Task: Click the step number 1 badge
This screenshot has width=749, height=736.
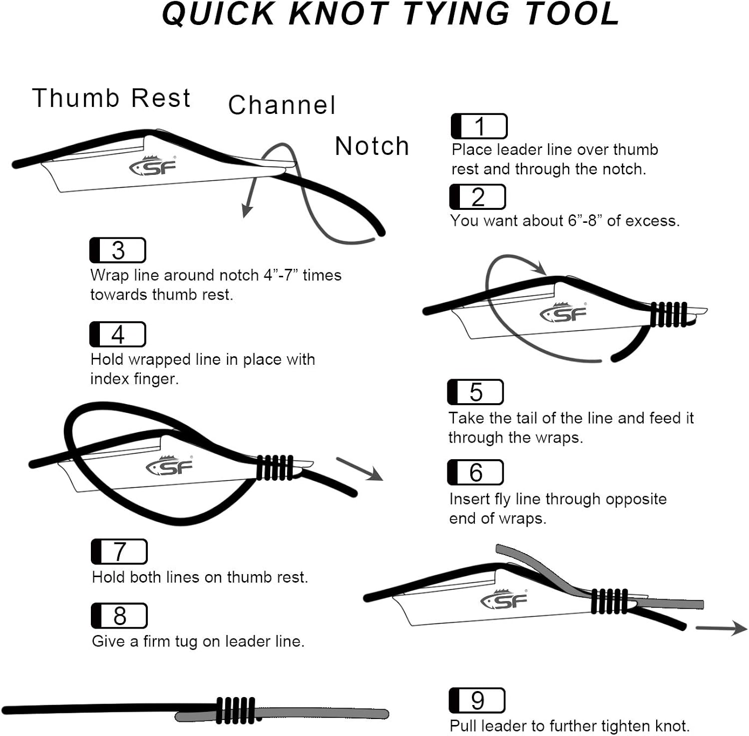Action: [x=479, y=126]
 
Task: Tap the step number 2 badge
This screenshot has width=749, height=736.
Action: [x=477, y=197]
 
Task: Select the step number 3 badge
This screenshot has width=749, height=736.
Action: [x=118, y=250]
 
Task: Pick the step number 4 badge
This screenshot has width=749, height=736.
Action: [x=118, y=334]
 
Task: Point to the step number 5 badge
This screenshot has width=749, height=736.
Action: [x=475, y=392]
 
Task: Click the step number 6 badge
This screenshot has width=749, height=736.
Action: [x=475, y=472]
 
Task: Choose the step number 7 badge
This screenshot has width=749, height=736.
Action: [x=119, y=552]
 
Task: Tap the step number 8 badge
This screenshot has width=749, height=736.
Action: [x=119, y=616]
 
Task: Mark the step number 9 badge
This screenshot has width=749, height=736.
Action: [x=477, y=701]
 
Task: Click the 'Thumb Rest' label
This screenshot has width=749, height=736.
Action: [x=111, y=98]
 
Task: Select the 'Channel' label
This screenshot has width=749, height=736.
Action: [x=282, y=105]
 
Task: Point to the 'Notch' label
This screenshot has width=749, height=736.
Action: [x=372, y=146]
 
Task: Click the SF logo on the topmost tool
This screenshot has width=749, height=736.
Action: [x=153, y=166]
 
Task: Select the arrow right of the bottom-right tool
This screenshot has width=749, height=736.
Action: [x=722, y=628]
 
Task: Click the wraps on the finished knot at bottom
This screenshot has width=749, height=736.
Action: [x=236, y=710]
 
